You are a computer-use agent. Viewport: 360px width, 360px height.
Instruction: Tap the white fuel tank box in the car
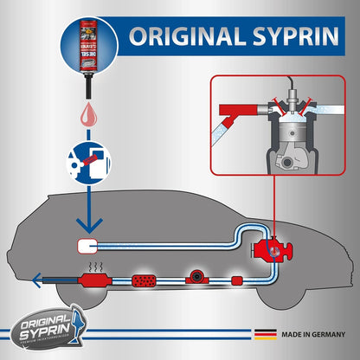(x=87, y=244)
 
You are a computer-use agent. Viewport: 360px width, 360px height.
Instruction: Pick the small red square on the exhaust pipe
(x=237, y=281)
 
